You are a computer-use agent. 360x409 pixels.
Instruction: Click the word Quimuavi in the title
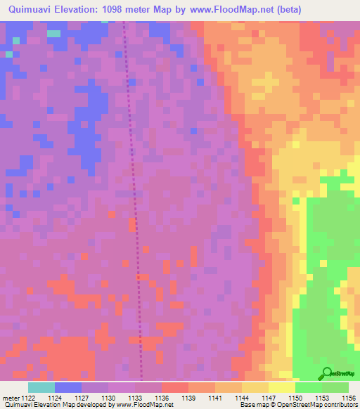click(x=32, y=10)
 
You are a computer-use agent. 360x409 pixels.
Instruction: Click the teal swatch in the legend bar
click(x=41, y=387)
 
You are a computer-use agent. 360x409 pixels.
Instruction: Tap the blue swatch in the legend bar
click(x=68, y=387)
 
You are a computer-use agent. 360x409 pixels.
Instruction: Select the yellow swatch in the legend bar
click(x=282, y=387)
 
